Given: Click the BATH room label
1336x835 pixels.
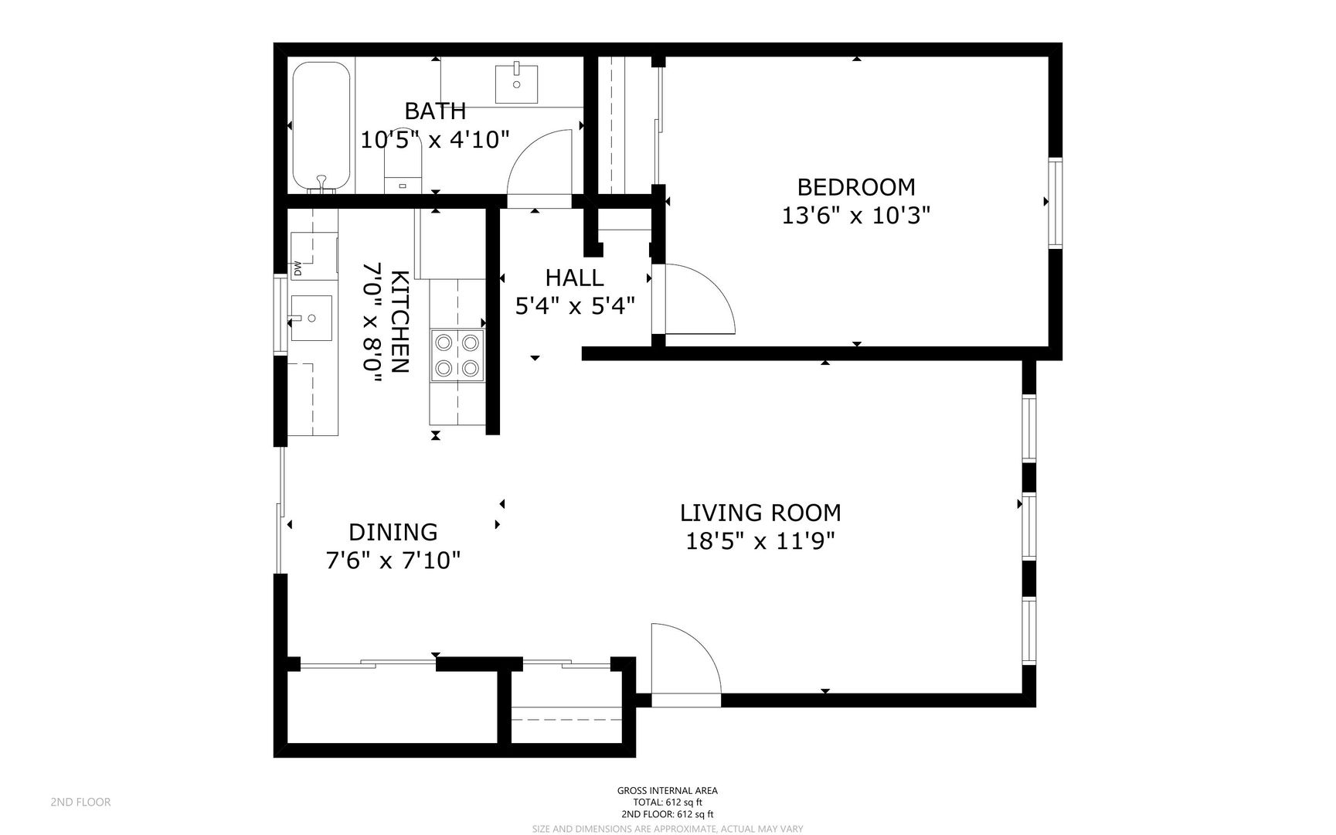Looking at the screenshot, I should (x=435, y=111).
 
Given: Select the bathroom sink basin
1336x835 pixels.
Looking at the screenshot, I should (x=516, y=83).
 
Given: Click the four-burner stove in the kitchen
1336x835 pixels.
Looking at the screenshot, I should (x=457, y=354).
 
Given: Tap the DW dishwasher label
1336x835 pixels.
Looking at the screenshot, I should (x=297, y=268).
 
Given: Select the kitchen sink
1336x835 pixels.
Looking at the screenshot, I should (x=311, y=318).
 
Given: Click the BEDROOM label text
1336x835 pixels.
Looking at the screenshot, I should (x=855, y=187).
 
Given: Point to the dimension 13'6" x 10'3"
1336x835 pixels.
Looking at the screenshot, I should (x=855, y=215).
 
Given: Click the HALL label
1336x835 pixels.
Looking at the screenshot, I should (x=574, y=278).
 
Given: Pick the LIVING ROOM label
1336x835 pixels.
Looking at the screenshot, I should (x=760, y=513).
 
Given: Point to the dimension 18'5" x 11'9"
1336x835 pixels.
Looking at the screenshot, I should (x=760, y=540).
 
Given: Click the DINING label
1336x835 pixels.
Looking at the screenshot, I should (x=393, y=532).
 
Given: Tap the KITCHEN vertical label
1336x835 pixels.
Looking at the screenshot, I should (x=399, y=321).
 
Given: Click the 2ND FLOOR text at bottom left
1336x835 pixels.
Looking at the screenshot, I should (x=80, y=802).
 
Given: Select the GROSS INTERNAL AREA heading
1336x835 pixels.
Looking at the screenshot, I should (x=667, y=790).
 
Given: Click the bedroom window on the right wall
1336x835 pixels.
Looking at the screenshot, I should (x=1055, y=202).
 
